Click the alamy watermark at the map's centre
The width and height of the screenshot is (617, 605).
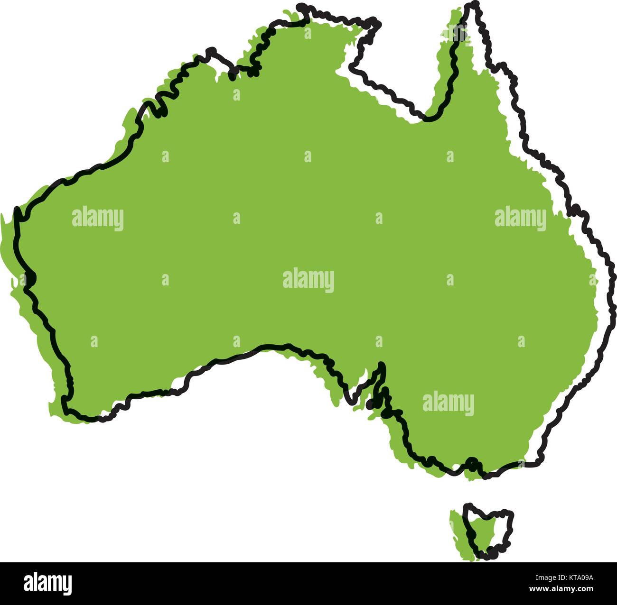pos(308,280)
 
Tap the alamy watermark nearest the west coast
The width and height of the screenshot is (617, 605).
pos(98,219)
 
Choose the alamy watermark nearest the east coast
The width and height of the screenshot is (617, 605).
pos(521,219)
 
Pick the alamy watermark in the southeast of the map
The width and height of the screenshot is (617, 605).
pos(448,403)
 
